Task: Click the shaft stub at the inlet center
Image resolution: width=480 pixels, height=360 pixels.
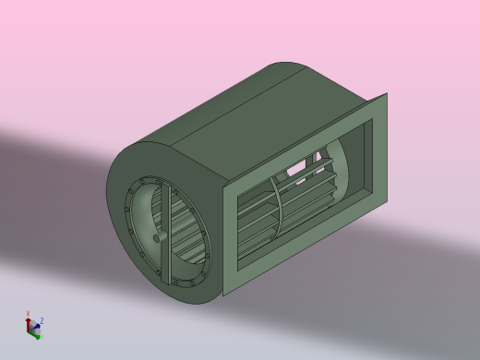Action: pyautogui.click(x=160, y=236)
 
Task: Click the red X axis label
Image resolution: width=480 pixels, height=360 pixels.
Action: pyautogui.click(x=29, y=313)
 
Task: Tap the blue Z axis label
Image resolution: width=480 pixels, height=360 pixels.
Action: pyautogui.click(x=42, y=320)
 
